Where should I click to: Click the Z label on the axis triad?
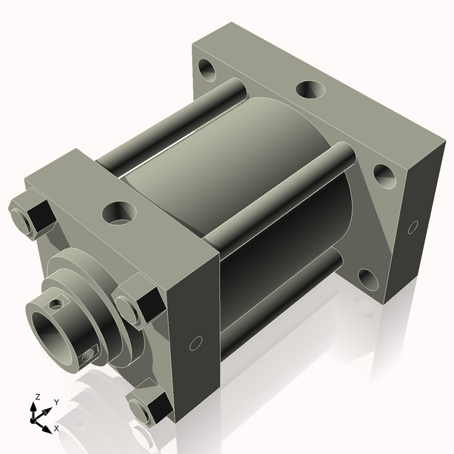tap(38, 396)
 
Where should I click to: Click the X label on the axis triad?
tap(56, 429)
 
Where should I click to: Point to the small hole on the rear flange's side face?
tap(412, 225)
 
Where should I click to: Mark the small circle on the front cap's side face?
tap(195, 343)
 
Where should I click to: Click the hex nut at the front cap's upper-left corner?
tap(31, 216)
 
